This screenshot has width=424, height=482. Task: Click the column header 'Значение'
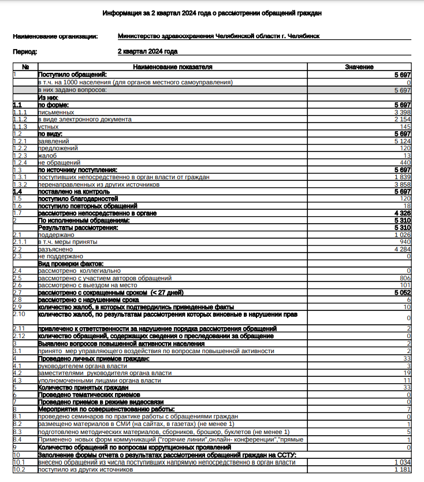[359, 68]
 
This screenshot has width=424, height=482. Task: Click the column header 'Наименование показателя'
[173, 68]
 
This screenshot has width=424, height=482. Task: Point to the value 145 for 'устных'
[405, 127]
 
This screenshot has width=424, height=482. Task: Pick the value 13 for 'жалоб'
[407, 155]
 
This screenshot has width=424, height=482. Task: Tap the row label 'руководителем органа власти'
[82, 366]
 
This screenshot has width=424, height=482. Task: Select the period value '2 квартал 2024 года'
[147, 51]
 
